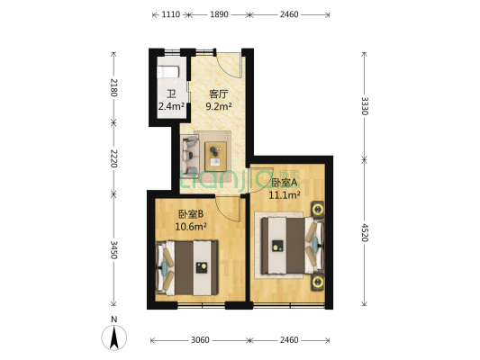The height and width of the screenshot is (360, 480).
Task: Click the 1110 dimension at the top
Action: (x=170, y=14)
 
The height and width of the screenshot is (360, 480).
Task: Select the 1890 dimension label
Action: (x=219, y=14)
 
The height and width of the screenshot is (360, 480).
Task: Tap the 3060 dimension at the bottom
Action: (x=200, y=340)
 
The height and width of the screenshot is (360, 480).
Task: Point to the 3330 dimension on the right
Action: (x=365, y=106)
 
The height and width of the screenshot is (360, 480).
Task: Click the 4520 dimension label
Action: (x=365, y=232)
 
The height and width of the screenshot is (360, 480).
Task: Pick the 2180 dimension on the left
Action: (x=113, y=87)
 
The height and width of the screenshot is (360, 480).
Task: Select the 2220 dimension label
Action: (x=113, y=158)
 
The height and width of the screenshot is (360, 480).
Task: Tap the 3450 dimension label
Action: (x=113, y=250)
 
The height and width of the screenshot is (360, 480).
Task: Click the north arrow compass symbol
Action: (x=113, y=337)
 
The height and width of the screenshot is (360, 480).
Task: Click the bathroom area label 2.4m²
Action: (x=171, y=106)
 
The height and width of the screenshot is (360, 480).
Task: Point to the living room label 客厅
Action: (x=218, y=94)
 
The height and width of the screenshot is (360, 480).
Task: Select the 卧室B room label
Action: (x=191, y=214)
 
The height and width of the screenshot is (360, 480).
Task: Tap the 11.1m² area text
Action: (x=284, y=194)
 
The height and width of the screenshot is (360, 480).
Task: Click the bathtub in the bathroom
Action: (x=168, y=72)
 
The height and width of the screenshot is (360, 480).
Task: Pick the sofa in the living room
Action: (x=190, y=157)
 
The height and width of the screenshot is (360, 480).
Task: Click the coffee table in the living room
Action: (x=215, y=156)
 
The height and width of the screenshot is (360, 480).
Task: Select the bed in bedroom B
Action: (x=186, y=268)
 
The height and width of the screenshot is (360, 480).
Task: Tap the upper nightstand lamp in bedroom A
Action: (x=318, y=210)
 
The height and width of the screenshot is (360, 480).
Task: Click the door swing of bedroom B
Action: (x=228, y=210)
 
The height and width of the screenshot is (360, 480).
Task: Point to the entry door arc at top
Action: (x=229, y=66)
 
